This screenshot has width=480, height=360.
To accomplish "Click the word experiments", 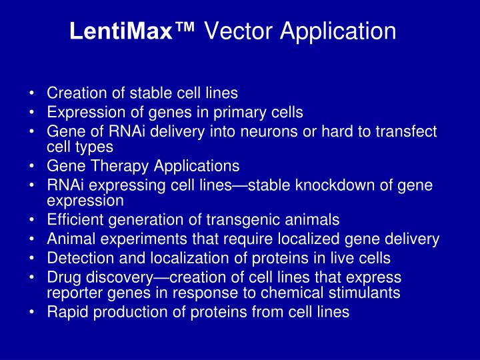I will tap(128, 239).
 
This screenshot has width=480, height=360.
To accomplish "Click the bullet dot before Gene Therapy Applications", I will tap(33, 166).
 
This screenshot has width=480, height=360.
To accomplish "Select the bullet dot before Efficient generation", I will tap(33, 220).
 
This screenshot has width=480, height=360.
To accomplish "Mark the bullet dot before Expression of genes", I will tap(33, 113).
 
